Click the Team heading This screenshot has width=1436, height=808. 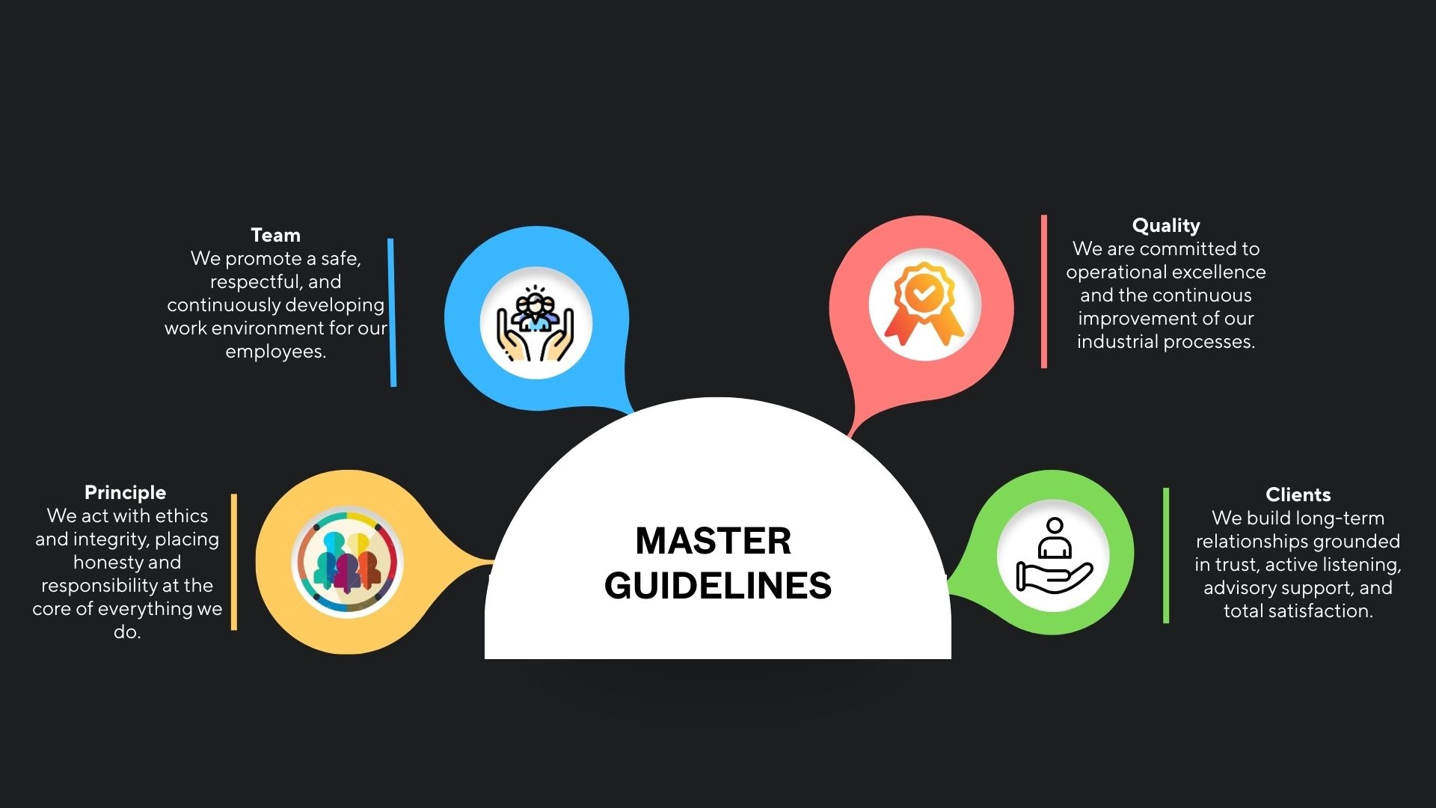tap(275, 235)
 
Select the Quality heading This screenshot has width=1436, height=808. tap(1165, 225)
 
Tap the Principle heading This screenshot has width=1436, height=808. tap(125, 492)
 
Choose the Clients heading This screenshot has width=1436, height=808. tap(1298, 495)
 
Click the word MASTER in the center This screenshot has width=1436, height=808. tap(713, 541)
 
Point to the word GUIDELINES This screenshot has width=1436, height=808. tap(718, 586)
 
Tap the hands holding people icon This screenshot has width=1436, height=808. tap(536, 323)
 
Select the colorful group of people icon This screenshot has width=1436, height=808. tap(347, 563)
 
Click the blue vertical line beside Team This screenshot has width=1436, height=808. tap(392, 312)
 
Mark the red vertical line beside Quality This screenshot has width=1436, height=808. tap(1043, 292)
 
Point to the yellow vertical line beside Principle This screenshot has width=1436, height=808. tap(234, 562)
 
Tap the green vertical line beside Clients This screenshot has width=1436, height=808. tap(1165, 555)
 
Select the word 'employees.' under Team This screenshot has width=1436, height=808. tap(275, 352)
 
